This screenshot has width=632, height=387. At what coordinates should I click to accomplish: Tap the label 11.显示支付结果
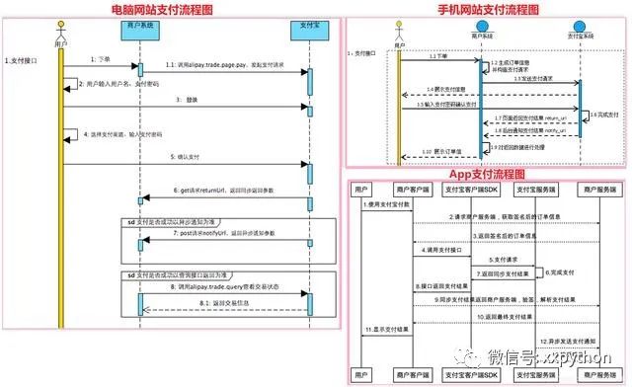click(387, 327)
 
